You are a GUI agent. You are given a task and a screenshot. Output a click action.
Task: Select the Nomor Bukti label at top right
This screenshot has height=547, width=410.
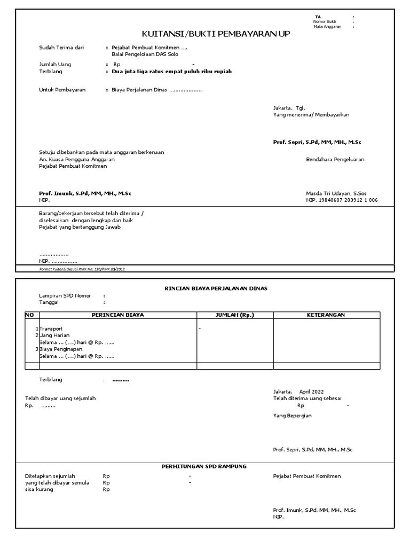(x=325, y=21)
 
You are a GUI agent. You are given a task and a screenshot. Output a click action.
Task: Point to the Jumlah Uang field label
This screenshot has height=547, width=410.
(x=55, y=64)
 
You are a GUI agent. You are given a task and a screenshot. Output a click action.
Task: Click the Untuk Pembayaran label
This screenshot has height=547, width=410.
(x=62, y=90)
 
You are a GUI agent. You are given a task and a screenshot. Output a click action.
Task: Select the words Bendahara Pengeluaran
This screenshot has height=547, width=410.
(x=335, y=159)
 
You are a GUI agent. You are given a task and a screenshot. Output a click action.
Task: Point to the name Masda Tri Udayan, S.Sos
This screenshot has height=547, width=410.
(x=336, y=193)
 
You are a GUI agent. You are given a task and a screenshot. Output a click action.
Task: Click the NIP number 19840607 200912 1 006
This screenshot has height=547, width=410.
(x=350, y=200)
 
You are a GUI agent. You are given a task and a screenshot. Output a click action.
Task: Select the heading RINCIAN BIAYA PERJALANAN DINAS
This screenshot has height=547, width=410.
(x=216, y=288)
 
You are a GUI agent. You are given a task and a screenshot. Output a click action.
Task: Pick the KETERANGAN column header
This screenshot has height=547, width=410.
(x=326, y=315)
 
